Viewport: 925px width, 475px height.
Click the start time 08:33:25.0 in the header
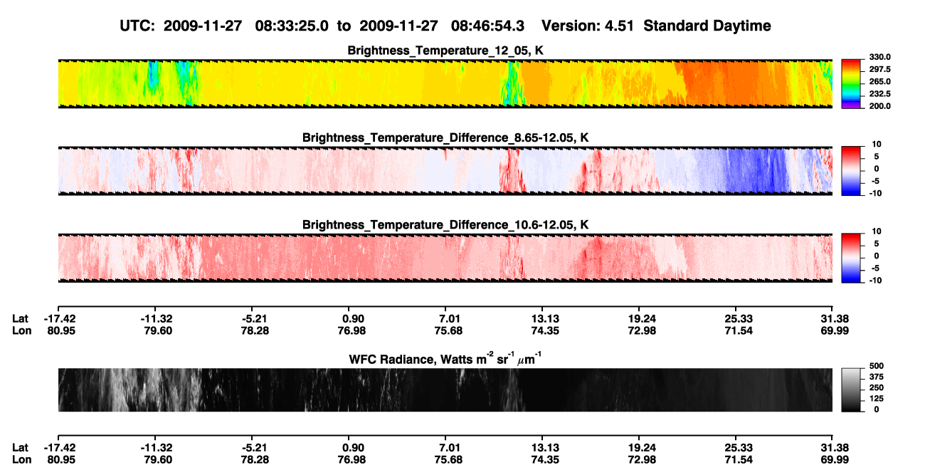(x=292, y=26)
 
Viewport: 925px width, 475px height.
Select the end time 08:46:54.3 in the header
(x=487, y=26)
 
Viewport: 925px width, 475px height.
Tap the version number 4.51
(x=619, y=26)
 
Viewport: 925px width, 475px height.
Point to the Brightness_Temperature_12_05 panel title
(x=445, y=51)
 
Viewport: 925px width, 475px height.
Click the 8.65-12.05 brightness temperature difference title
(x=445, y=137)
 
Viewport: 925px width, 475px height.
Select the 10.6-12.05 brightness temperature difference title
(x=445, y=225)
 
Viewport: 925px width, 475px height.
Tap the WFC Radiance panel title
(x=445, y=359)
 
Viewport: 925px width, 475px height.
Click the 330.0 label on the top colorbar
(x=879, y=57)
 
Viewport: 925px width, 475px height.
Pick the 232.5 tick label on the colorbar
(x=879, y=94)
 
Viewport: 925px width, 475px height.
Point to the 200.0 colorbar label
(x=879, y=106)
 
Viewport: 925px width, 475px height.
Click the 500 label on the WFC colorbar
(x=877, y=366)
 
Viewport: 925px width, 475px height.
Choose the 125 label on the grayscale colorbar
(x=877, y=399)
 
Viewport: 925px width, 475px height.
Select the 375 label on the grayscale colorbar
(x=877, y=377)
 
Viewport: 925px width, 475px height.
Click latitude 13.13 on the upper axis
(x=545, y=319)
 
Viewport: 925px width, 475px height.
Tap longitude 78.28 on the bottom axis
(x=255, y=460)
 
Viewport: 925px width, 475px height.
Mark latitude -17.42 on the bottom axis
(x=60, y=448)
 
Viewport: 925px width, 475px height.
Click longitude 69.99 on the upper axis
(x=835, y=330)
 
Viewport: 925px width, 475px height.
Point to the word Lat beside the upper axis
(x=20, y=319)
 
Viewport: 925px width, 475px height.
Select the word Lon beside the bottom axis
(x=22, y=460)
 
